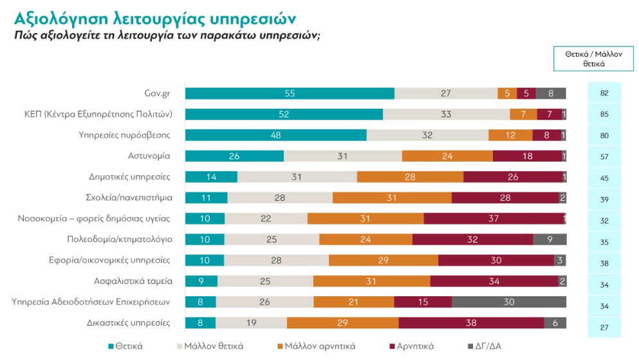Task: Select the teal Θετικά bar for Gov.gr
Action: [290, 93]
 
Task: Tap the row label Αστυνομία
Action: [149, 156]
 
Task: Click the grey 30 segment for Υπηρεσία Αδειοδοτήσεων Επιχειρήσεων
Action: [509, 302]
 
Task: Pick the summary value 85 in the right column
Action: [604, 115]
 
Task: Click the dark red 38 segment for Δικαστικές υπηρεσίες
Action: [471, 323]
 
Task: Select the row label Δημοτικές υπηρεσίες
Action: [129, 176]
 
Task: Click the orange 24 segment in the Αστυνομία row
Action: [447, 156]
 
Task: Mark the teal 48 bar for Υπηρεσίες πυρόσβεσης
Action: [275, 135]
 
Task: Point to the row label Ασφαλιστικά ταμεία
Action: [131, 281]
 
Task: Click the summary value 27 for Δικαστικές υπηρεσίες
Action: [604, 327]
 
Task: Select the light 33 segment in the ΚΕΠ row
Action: [446, 114]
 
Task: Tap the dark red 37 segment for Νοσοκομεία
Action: [494, 218]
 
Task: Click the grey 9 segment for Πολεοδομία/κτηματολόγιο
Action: [550, 240]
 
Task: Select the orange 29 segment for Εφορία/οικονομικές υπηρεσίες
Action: [384, 260]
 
